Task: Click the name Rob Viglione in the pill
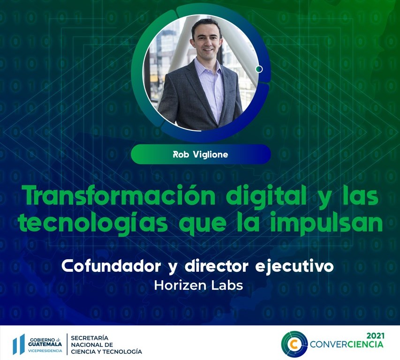[x=200, y=154]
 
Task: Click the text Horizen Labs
[x=198, y=285]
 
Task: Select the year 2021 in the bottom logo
[x=374, y=336]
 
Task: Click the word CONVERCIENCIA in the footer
[x=347, y=345]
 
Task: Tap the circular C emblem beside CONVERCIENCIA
[x=294, y=344]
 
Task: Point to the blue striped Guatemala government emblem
[x=19, y=344]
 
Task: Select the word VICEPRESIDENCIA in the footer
[x=45, y=351]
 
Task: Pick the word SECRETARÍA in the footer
[x=89, y=337]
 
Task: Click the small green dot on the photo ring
[x=259, y=69]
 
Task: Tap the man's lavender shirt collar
[x=206, y=66]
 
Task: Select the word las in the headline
[x=360, y=196]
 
